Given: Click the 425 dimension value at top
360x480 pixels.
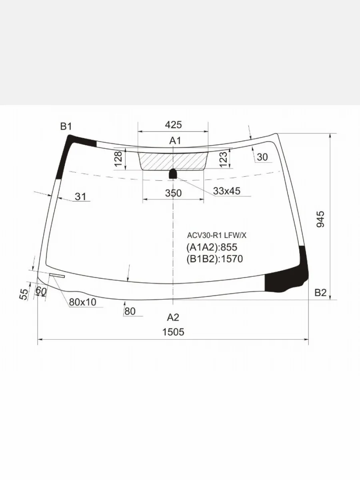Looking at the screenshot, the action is tap(173, 125).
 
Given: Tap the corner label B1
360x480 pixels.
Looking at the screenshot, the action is tap(66, 126).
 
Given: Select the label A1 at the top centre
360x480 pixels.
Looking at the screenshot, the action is tap(175, 141).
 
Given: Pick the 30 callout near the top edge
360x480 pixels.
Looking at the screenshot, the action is tap(262, 157).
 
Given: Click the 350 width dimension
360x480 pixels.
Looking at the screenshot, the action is tap(173, 193).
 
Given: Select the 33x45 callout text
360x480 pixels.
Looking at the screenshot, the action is tap(227, 191).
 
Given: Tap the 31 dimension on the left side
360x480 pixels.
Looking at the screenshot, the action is tap(81, 197).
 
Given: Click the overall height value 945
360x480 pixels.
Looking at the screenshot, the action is tap(320, 219).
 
